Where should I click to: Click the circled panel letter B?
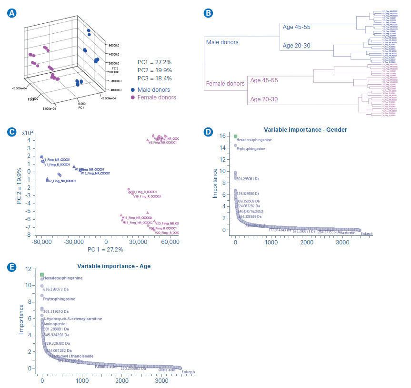(208, 13)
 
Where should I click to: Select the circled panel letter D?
(208, 132)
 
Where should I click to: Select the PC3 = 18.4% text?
(154, 78)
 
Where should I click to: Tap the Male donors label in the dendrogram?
(222, 42)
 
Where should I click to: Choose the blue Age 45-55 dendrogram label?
(296, 27)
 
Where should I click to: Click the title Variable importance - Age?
(113, 266)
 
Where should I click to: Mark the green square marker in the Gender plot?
(235, 136)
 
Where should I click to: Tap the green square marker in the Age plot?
(42, 275)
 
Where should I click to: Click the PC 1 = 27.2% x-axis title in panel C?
(105, 249)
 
